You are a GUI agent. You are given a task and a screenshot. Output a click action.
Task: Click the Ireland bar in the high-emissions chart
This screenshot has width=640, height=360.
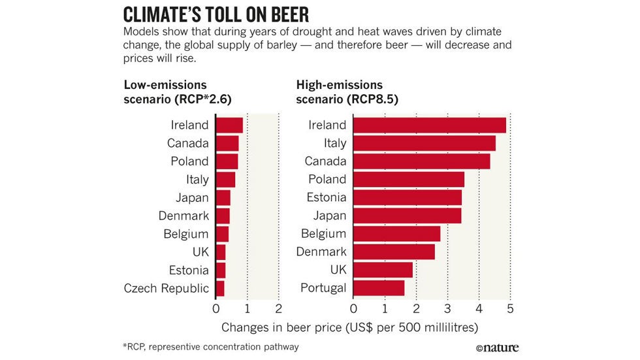430,125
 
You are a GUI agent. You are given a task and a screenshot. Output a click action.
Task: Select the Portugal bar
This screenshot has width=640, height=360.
379,287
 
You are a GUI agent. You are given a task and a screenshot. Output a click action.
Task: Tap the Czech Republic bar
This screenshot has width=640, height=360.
220,287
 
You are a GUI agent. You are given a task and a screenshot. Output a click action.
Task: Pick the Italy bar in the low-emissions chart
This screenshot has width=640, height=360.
225,179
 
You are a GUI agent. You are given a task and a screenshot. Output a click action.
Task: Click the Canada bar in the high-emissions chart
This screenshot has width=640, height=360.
421,161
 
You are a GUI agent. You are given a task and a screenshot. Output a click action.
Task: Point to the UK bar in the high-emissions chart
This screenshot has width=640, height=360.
383,269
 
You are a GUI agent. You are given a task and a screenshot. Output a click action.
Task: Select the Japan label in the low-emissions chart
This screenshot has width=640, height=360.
192,197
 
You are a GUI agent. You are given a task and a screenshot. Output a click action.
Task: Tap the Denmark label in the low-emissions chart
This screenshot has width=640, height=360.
184,216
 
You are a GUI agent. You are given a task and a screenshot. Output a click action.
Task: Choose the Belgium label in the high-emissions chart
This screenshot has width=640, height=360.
323,233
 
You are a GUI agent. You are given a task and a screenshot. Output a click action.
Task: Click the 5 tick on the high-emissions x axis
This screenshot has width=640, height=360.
510,308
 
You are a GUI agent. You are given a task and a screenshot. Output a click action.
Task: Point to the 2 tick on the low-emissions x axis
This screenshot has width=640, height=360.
279,308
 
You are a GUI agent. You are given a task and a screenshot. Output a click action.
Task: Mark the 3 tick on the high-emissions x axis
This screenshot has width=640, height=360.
447,308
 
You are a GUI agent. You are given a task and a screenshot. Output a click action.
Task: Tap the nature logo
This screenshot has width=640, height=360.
497,347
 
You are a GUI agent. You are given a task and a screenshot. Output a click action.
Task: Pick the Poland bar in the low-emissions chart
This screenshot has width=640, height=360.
227,161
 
